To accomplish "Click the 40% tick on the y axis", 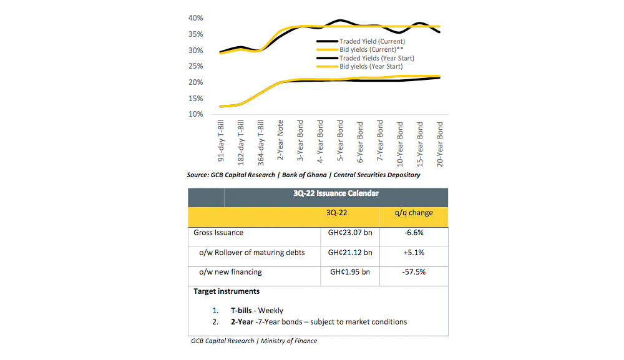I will click(195, 18).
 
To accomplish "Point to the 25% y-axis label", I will click(195, 66).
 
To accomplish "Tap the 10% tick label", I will click(195, 114).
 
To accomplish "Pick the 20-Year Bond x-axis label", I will click(440, 142).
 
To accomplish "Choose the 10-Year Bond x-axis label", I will click(400, 142).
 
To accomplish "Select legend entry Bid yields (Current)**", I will click(368, 49).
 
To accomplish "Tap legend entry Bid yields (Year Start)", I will click(371, 66).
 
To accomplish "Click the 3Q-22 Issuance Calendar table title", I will click(336, 193).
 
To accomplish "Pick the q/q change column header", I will click(414, 213).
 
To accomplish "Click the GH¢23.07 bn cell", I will click(350, 233).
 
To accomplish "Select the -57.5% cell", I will click(414, 272).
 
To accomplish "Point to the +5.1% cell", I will click(414, 253).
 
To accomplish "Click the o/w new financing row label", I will click(230, 272).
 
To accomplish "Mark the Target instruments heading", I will click(227, 291).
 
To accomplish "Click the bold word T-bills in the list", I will click(242, 310).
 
